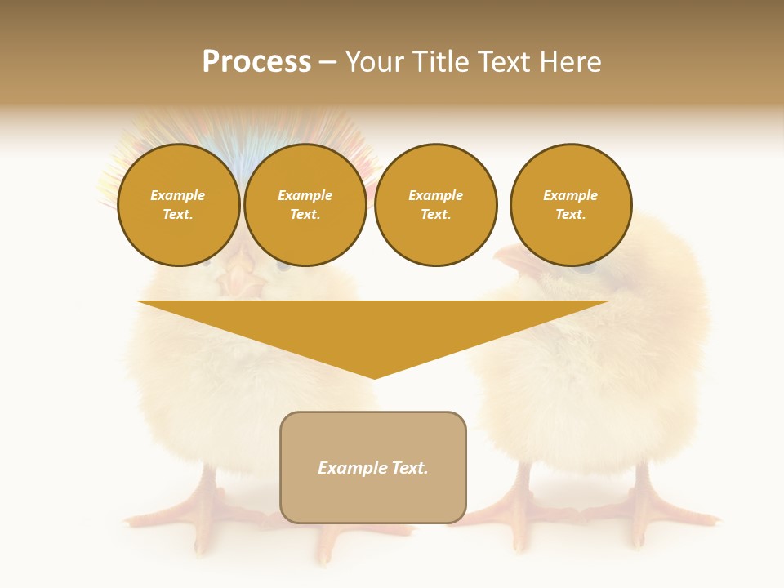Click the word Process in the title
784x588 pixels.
256,62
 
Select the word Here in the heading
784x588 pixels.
568,62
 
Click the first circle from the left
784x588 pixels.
179,205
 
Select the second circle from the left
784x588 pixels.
305,205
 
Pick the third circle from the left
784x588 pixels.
436,205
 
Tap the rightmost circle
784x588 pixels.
571,205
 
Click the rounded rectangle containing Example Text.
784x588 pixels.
373,467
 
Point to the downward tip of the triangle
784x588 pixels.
374,377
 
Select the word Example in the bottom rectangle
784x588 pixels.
352,468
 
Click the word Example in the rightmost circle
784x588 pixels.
571,195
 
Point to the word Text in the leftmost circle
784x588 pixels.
177,215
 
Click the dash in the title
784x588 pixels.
327,62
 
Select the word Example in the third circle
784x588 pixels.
436,195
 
